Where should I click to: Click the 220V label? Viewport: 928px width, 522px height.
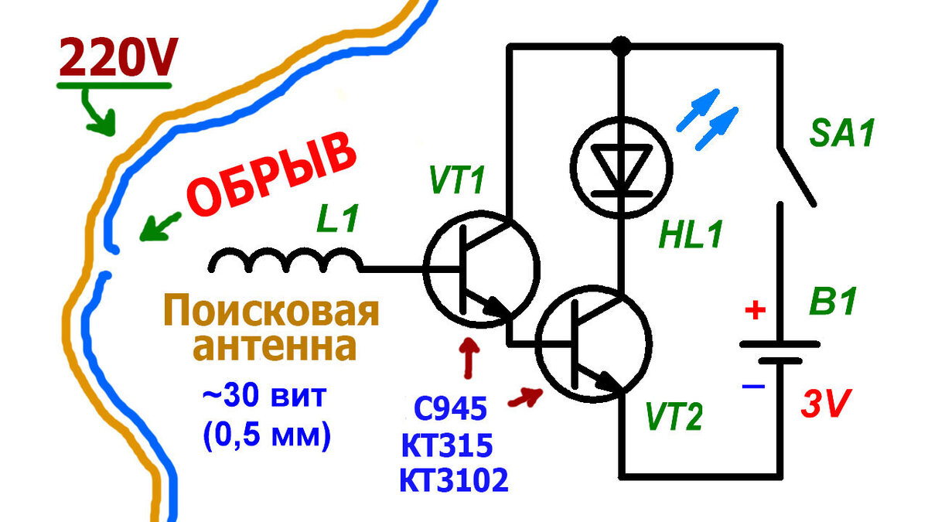coord(118,56)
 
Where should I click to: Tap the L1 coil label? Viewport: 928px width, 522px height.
coord(337,218)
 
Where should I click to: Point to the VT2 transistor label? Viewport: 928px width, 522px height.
coord(674,417)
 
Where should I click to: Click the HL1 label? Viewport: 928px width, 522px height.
coord(691,234)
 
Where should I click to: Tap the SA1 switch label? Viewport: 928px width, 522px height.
coord(842,133)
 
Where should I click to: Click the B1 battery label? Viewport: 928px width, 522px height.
coord(833,301)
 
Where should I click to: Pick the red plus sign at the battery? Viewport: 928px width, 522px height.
coord(756,309)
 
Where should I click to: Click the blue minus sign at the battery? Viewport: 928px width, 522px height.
coord(753,387)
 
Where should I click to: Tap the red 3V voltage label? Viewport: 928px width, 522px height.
coord(826,404)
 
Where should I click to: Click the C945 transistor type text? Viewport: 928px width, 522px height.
coord(450,408)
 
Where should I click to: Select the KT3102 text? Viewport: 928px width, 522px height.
coord(454,479)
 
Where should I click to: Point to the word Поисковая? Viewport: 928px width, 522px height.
coord(271,311)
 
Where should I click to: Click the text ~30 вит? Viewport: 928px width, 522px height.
coord(264,397)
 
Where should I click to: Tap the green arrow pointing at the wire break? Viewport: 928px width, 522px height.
coord(160,227)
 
